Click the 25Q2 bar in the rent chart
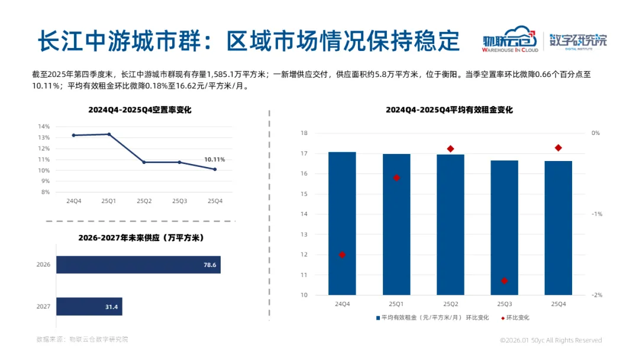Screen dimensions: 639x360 450,224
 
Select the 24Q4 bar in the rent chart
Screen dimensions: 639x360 343,223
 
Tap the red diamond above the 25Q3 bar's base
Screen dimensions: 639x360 504,281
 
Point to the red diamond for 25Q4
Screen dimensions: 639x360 559,147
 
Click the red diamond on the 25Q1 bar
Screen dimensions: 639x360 396,178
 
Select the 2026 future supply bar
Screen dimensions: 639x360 138,265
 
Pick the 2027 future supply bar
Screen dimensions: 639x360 89,306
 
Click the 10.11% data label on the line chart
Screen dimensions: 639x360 214,159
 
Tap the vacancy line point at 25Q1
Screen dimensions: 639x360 109,134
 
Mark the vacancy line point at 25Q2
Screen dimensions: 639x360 144,162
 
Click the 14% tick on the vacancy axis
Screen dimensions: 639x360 44,126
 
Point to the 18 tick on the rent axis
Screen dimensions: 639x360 304,133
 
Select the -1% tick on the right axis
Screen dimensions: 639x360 596,214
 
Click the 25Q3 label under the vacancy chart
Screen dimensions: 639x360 180,201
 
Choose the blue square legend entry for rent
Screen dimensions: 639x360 433,317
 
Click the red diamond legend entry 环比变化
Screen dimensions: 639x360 515,317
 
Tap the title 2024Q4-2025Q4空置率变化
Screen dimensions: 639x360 140,110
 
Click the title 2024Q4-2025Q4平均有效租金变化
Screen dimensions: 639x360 449,110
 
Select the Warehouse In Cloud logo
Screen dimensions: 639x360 510,40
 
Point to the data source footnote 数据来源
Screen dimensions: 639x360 82,339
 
